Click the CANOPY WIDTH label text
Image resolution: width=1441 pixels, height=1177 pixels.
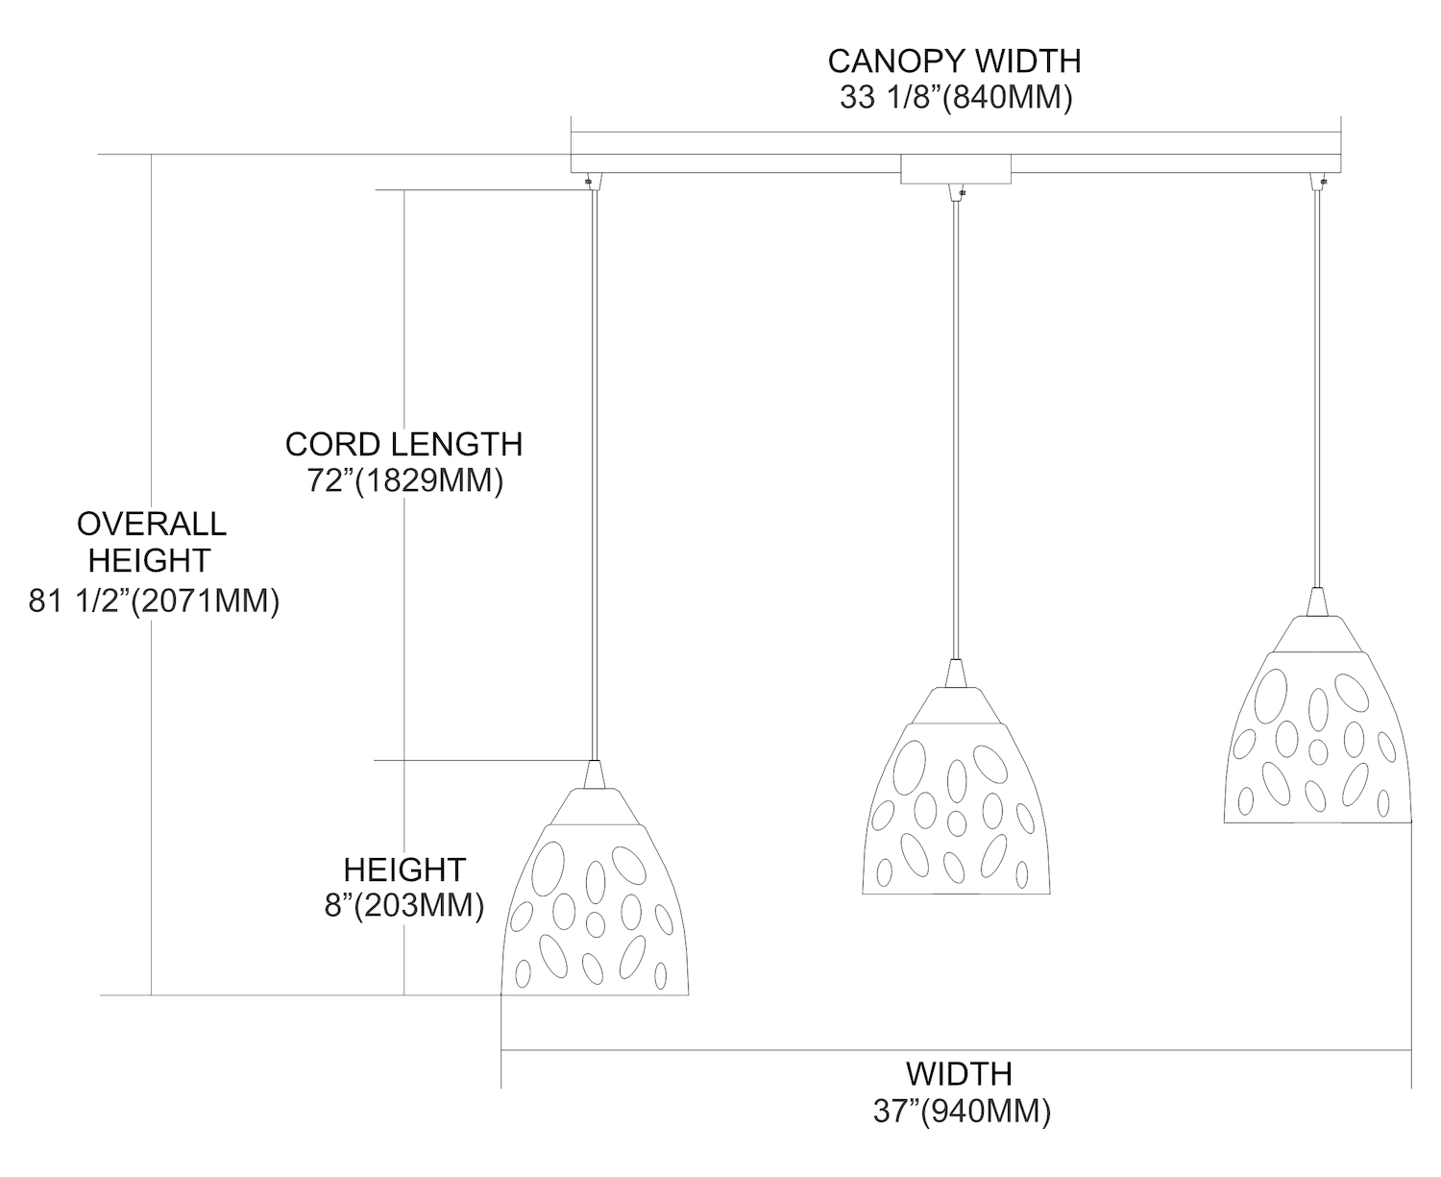point(954,61)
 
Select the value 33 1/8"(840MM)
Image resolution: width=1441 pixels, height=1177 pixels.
point(954,98)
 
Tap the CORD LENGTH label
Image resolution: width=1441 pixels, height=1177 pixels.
point(403,445)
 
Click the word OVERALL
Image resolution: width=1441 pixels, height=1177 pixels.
point(152,525)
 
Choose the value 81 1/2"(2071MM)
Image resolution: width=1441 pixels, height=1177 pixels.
point(155,601)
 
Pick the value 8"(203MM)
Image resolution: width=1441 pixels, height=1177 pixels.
point(403,905)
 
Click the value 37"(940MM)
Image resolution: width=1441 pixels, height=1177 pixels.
point(960,1111)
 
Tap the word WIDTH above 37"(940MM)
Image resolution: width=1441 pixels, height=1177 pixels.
point(959,1073)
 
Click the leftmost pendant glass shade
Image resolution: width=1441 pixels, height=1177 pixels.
point(596,913)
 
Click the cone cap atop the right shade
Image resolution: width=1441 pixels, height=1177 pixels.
point(1316,602)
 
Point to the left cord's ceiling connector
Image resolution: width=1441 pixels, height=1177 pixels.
point(593,181)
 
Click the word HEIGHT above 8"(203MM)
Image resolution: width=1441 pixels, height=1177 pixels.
point(403,870)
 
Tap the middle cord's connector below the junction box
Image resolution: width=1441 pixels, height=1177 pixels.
point(956,192)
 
